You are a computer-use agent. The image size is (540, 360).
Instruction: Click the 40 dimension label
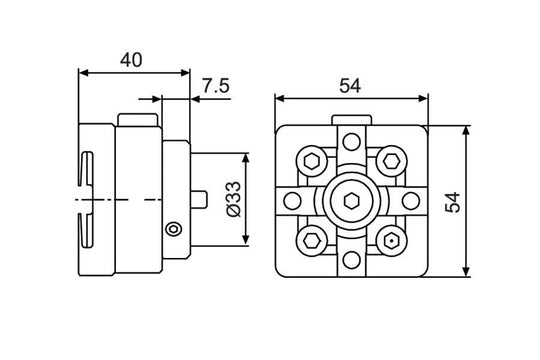[x=130, y=58]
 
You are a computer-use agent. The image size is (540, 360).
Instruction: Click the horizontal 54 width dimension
[x=349, y=85]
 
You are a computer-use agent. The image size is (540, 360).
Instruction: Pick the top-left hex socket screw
[x=311, y=160]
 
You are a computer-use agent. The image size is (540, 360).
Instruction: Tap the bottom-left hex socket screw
[x=311, y=240]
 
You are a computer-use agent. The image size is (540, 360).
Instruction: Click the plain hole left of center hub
[x=292, y=201]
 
